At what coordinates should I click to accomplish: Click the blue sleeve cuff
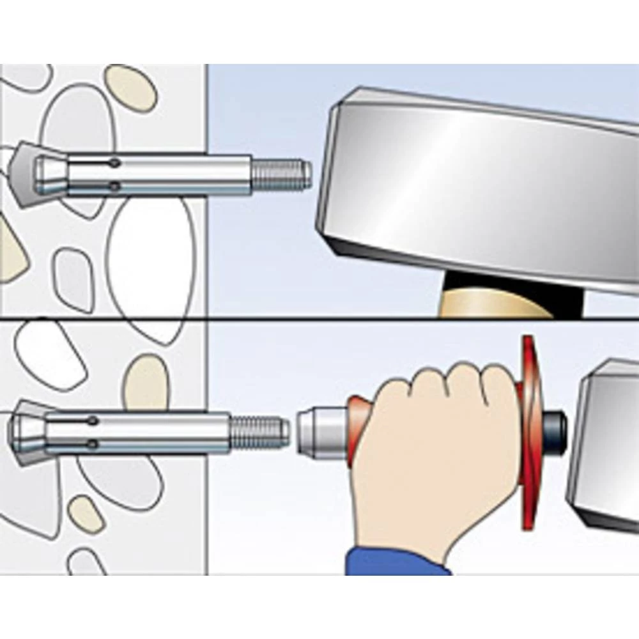(396, 562)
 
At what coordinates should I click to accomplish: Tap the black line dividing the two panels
(319, 318)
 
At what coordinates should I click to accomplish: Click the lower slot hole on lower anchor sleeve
(94, 443)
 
